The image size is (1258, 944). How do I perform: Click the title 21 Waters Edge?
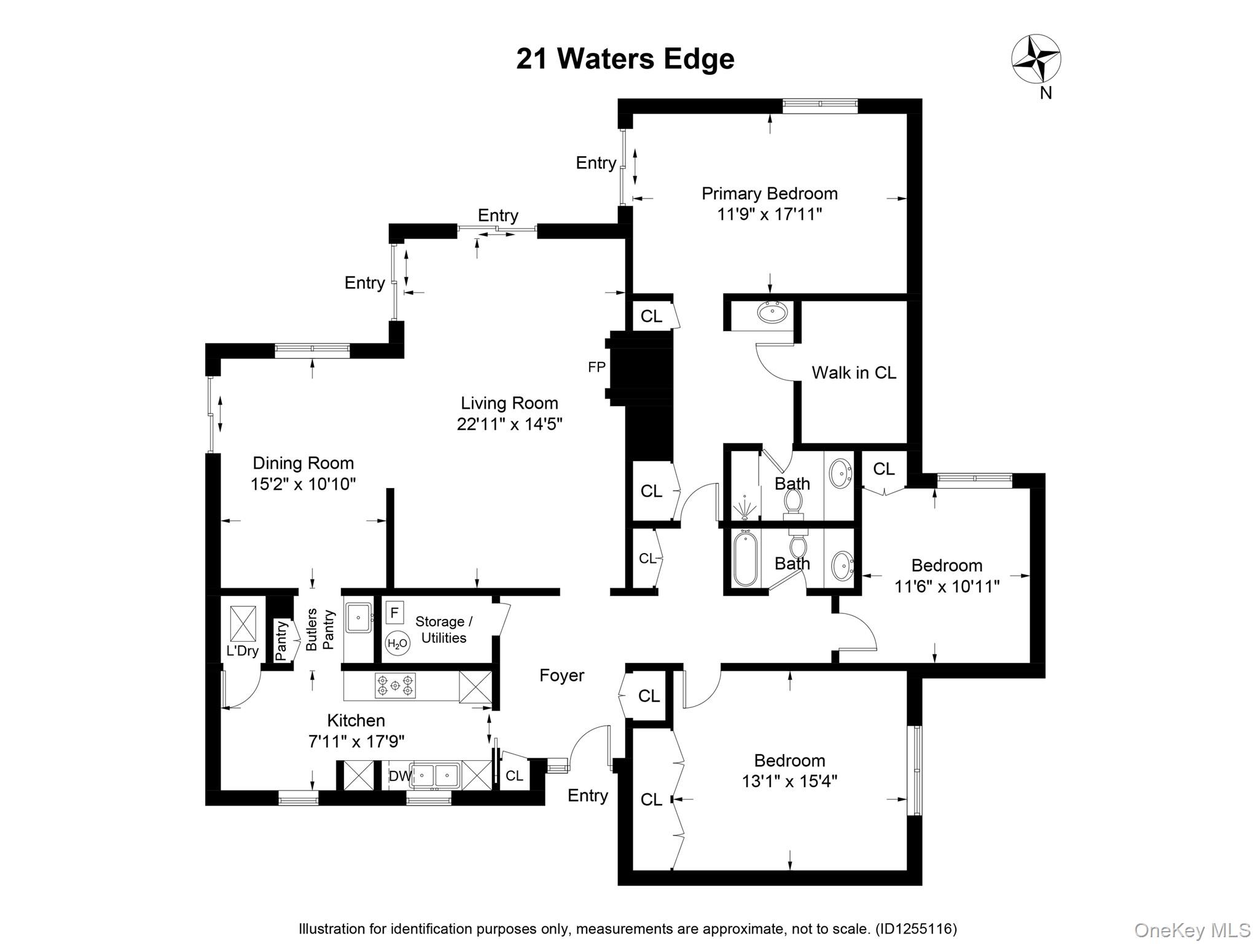click(625, 59)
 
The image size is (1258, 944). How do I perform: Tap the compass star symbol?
click(1036, 59)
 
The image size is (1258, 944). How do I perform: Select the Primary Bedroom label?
click(769, 194)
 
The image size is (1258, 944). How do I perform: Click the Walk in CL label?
click(853, 372)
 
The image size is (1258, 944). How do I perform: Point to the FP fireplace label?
click(596, 368)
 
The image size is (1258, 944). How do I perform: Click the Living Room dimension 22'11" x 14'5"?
click(509, 424)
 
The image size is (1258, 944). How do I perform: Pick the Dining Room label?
click(303, 463)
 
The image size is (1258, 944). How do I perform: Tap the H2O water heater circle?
click(397, 643)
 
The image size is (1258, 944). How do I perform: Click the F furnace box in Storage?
click(394, 612)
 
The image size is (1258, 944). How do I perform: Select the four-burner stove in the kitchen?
click(395, 685)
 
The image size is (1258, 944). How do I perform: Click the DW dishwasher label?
click(399, 776)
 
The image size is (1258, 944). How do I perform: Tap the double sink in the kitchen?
click(434, 776)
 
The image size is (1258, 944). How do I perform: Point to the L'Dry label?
click(243, 651)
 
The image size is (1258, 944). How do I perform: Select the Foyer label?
click(561, 675)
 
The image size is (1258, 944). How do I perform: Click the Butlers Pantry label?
click(320, 629)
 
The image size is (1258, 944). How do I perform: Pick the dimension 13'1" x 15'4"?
click(789, 781)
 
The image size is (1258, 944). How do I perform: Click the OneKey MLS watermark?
click(1192, 930)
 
